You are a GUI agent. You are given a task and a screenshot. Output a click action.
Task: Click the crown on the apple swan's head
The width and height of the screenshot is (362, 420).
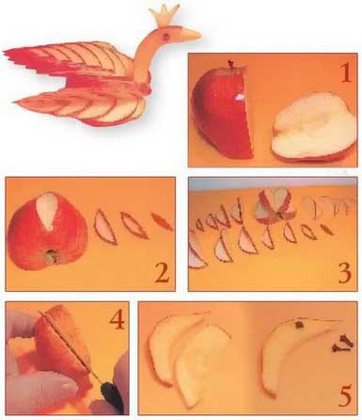point(165,14)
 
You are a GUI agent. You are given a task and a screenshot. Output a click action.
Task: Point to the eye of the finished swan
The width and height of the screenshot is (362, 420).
point(165,36)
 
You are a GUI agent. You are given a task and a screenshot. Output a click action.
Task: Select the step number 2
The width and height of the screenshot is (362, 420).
point(161,271)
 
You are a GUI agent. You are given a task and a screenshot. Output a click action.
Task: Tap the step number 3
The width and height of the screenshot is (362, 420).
point(344,271)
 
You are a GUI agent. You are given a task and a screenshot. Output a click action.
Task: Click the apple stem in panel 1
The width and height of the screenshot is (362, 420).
point(231,64)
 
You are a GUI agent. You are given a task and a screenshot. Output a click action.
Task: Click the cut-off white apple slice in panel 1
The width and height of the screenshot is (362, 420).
point(313,126)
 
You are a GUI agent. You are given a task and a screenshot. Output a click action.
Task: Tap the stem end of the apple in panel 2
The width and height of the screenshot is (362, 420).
point(52,255)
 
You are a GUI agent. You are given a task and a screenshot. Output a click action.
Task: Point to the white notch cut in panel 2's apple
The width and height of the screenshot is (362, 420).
point(47,211)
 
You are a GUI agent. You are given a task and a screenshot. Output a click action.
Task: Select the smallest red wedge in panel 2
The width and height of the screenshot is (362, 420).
point(162,221)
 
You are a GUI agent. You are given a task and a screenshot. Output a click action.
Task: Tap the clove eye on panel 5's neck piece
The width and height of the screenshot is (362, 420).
point(300,325)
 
